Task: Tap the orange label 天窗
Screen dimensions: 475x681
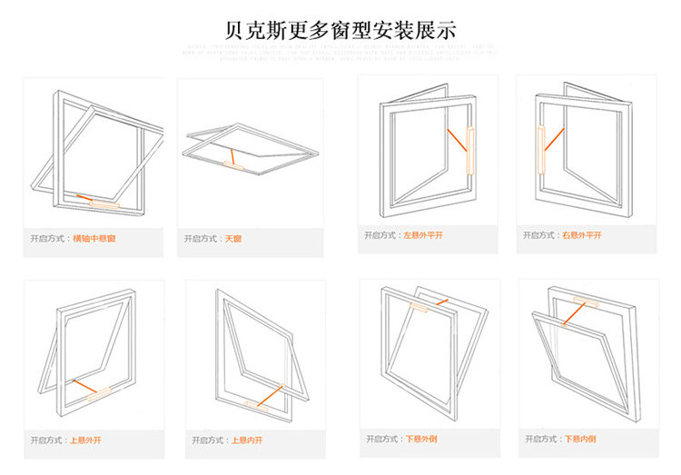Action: coord(233,239)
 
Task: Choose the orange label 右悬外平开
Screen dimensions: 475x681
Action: coord(583,235)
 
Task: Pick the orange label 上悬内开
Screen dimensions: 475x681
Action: coord(248,440)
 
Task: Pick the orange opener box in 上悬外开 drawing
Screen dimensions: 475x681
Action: coord(98,392)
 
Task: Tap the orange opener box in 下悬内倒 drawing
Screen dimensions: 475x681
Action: coord(582,300)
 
